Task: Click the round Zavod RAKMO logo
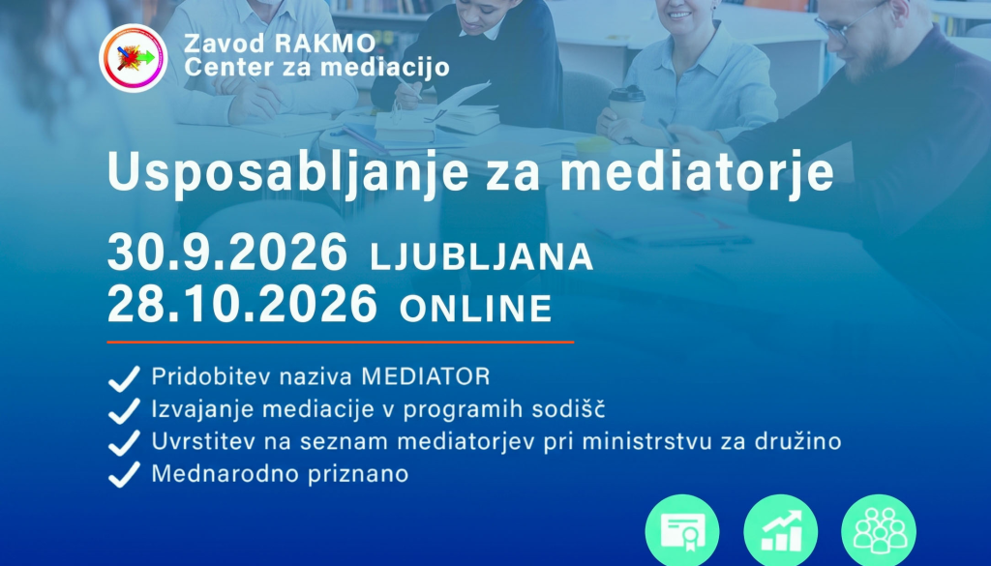click(134, 58)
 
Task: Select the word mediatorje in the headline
click(697, 172)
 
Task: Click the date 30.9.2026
click(227, 253)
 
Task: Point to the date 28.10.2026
click(242, 304)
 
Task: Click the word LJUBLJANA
click(482, 256)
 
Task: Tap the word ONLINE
click(476, 309)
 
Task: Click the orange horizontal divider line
click(340, 343)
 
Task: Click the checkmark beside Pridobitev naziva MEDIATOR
click(124, 378)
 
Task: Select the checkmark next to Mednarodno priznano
click(124, 474)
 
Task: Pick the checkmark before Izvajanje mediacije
click(124, 410)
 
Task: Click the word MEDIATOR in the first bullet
click(426, 376)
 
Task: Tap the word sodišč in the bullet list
click(568, 408)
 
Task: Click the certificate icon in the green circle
click(682, 531)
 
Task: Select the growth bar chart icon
click(781, 531)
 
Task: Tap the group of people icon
click(879, 531)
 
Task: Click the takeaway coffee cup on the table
click(626, 104)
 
